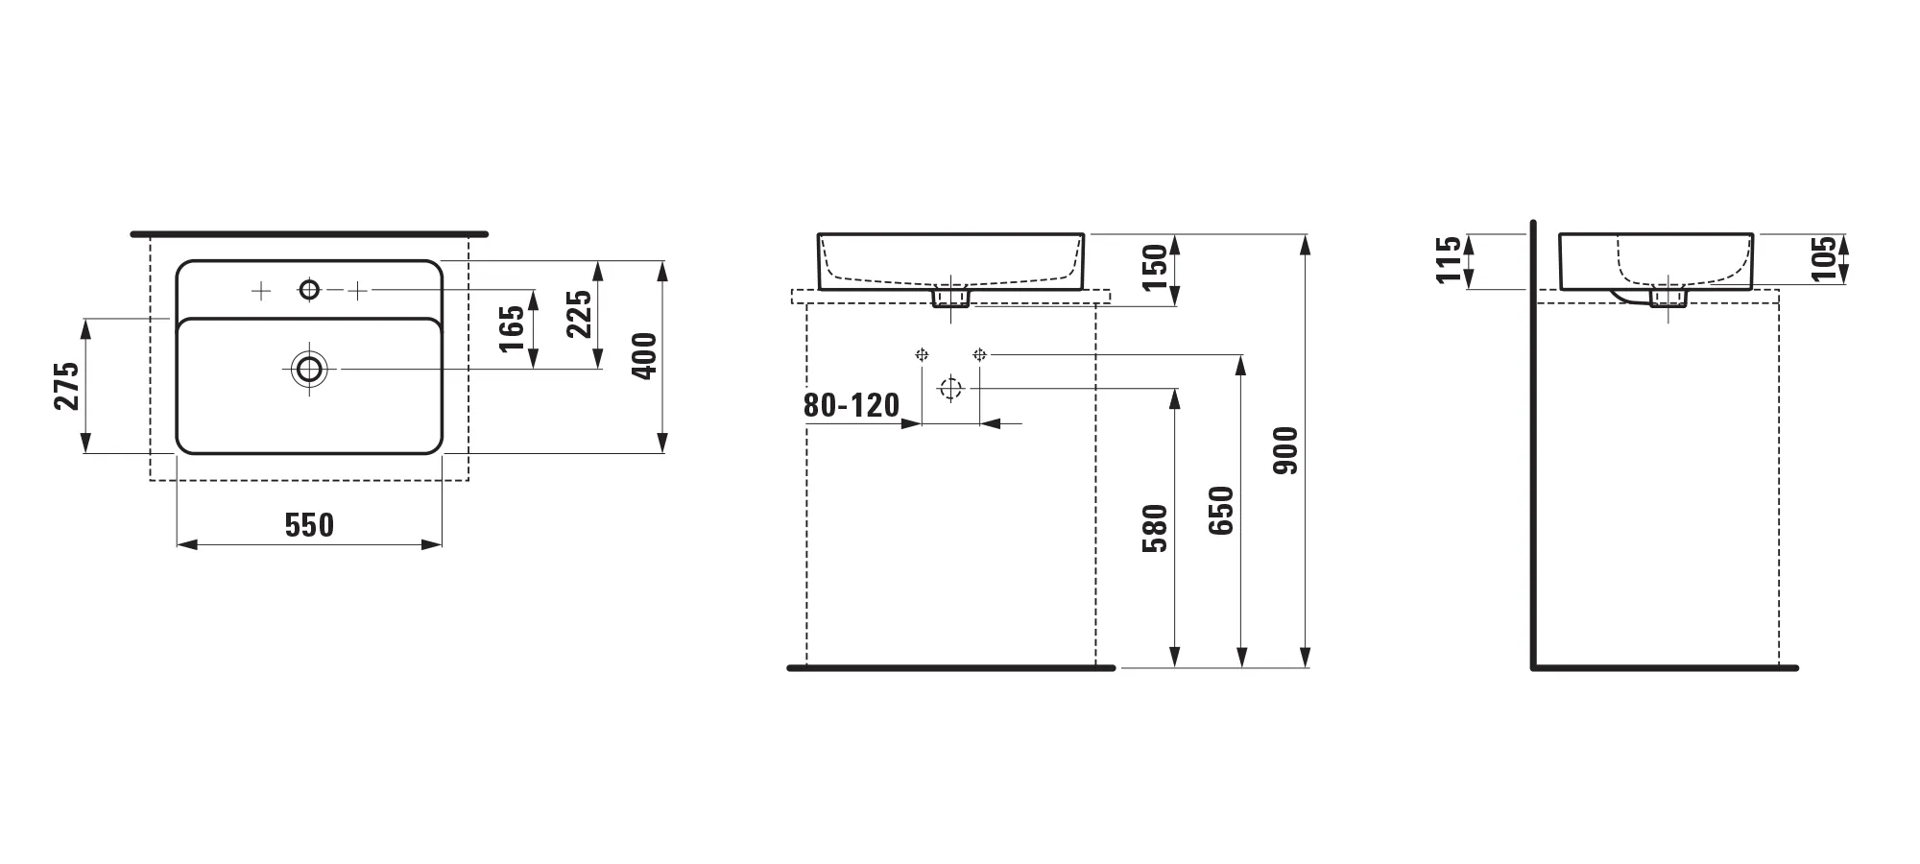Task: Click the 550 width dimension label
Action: click(x=309, y=525)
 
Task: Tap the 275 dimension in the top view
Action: click(x=66, y=386)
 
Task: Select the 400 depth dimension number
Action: click(x=645, y=356)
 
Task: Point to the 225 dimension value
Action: click(x=579, y=314)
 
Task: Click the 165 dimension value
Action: click(x=513, y=328)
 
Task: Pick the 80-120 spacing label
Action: click(x=852, y=405)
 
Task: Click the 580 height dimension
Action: click(x=1155, y=528)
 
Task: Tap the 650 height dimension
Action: click(x=1220, y=511)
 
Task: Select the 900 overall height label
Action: click(x=1284, y=450)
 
